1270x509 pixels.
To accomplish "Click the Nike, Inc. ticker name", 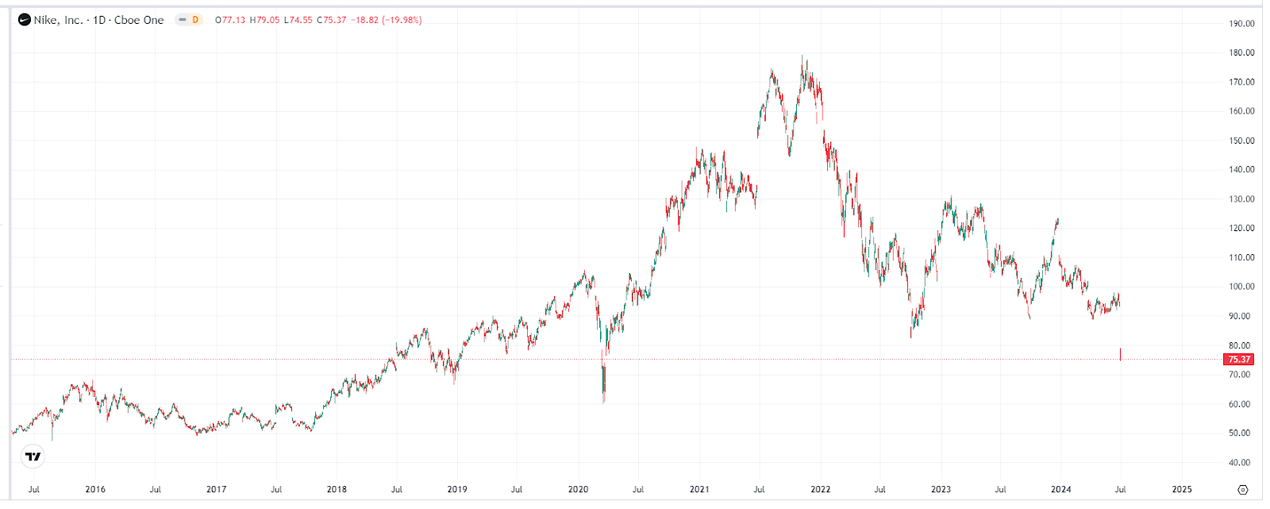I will pyautogui.click(x=59, y=20).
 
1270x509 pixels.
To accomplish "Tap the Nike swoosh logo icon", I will pyautogui.click(x=25, y=20).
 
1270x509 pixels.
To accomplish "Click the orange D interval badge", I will pyautogui.click(x=195, y=20).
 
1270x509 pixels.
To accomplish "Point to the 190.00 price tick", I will pyautogui.click(x=1241, y=24).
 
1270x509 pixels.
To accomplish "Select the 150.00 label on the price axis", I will pyautogui.click(x=1241, y=141).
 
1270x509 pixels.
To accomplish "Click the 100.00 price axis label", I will pyautogui.click(x=1241, y=287).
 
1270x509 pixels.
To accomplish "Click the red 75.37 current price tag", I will pyautogui.click(x=1239, y=360).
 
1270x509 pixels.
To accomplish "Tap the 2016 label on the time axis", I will pyautogui.click(x=95, y=489).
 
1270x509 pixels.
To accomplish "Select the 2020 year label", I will pyautogui.click(x=578, y=489).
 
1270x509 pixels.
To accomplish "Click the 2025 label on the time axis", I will pyautogui.click(x=1182, y=489).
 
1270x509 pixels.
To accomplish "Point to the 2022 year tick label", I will pyautogui.click(x=820, y=489).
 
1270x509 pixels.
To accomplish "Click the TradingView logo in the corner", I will pyautogui.click(x=33, y=457).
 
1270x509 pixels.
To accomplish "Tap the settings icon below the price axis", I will pyautogui.click(x=1243, y=489).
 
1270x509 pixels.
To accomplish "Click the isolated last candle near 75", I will pyautogui.click(x=1120, y=354).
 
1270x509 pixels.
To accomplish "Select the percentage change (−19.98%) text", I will pyautogui.click(x=402, y=20).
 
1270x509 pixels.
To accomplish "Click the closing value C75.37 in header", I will pyautogui.click(x=332, y=20).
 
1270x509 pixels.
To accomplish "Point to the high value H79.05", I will pyautogui.click(x=264, y=20).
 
